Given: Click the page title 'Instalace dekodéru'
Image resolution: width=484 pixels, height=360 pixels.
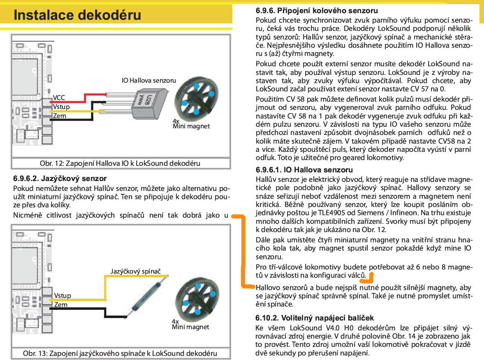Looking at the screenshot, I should tap(77, 15).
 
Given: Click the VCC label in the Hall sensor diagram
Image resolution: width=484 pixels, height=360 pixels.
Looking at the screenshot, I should tap(59, 98).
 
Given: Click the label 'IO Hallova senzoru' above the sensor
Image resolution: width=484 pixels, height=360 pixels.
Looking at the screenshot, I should tap(148, 80).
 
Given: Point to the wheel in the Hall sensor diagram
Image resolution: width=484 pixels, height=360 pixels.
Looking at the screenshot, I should tap(197, 98).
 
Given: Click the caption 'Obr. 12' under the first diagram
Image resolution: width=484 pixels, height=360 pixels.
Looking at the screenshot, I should tap(120, 163).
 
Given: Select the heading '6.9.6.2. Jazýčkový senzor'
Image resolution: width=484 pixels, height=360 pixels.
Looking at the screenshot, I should tap(60, 179).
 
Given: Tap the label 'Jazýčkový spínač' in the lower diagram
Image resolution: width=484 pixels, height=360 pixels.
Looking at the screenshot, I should tap(135, 272).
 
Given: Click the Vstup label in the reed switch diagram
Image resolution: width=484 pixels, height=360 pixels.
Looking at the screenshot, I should tap(62, 295).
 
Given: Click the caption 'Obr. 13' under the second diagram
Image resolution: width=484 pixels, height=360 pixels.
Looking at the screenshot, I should tap(120, 353).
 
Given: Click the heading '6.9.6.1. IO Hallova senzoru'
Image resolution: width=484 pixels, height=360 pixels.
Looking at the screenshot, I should tap(304, 170).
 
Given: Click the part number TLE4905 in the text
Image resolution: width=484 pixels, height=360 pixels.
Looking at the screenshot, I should tap(333, 213).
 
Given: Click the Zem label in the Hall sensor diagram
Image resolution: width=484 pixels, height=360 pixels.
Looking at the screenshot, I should tap(60, 116).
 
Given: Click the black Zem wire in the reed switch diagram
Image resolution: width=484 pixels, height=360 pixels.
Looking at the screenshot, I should tap(95, 307).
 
